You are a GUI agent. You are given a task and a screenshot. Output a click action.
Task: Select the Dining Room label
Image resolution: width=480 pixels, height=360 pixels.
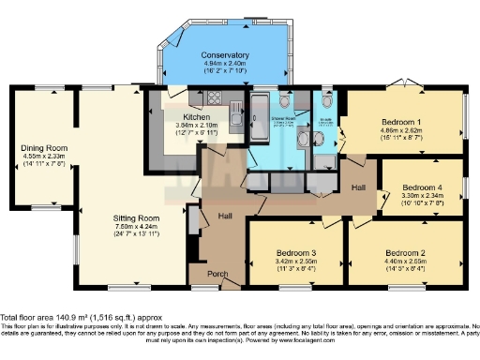point(44,147)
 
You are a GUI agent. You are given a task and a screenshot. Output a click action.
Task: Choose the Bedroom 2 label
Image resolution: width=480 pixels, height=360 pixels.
point(404,253)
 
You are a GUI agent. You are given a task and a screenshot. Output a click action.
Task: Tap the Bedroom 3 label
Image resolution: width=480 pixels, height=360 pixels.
point(295,253)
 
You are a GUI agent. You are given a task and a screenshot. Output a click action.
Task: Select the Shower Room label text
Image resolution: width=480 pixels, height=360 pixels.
point(279,122)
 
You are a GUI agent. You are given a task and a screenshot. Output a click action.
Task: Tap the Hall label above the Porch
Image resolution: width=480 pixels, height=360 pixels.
point(224,217)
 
